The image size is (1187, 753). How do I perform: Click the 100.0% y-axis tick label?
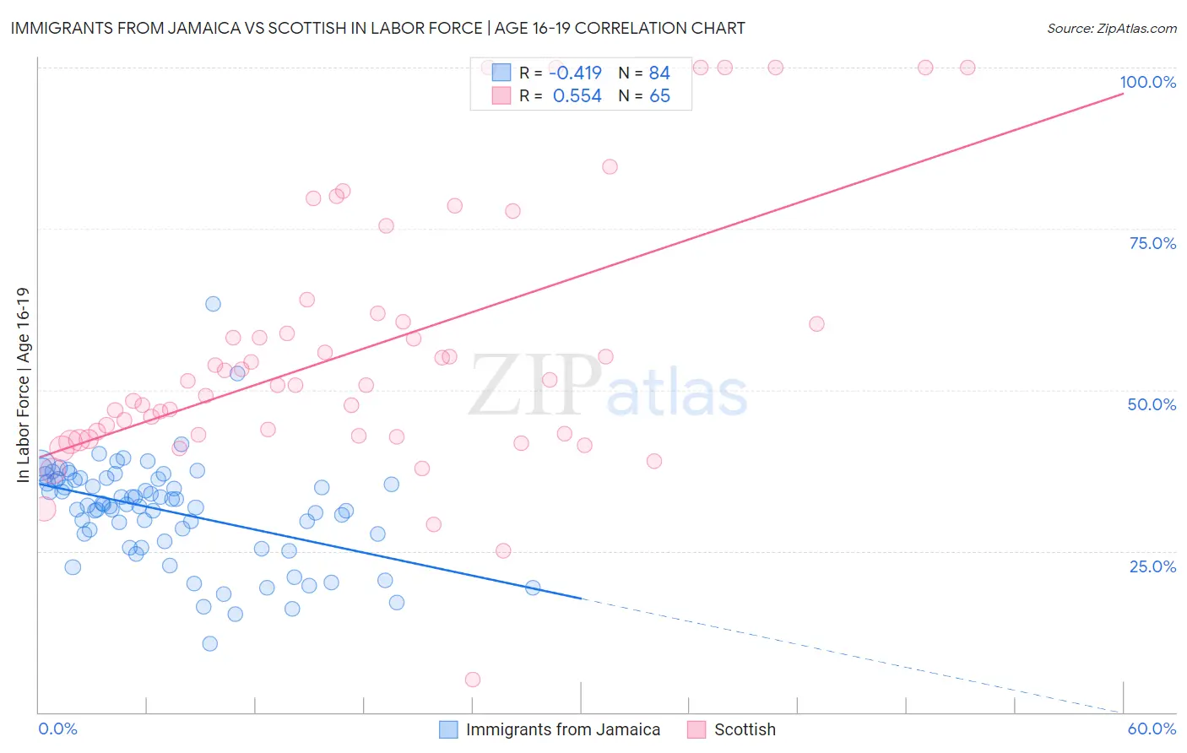click(1147, 82)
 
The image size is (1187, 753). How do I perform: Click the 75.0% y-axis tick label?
click(1152, 243)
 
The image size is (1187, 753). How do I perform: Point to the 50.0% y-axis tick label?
click(1152, 404)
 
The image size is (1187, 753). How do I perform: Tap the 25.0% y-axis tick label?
click(1152, 566)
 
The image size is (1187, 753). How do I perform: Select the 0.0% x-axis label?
click(57, 729)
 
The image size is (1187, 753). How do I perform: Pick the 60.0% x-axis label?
click(1152, 729)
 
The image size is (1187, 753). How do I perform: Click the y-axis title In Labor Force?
click(23, 385)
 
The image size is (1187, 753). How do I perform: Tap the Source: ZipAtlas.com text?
click(1111, 28)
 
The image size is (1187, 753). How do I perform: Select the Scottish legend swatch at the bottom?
click(696, 729)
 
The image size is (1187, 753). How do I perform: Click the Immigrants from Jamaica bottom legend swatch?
click(448, 729)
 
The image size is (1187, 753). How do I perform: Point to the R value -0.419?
click(575, 73)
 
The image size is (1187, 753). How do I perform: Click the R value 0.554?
click(577, 96)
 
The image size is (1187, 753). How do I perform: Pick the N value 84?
click(659, 73)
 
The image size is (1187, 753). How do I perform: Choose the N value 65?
click(659, 96)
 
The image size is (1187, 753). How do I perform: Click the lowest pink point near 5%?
click(473, 680)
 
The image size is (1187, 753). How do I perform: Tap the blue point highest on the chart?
click(213, 304)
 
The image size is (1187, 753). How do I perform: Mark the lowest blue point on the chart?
click(210, 643)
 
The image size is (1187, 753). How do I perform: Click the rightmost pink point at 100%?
click(967, 68)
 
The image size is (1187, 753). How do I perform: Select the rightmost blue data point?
click(533, 588)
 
